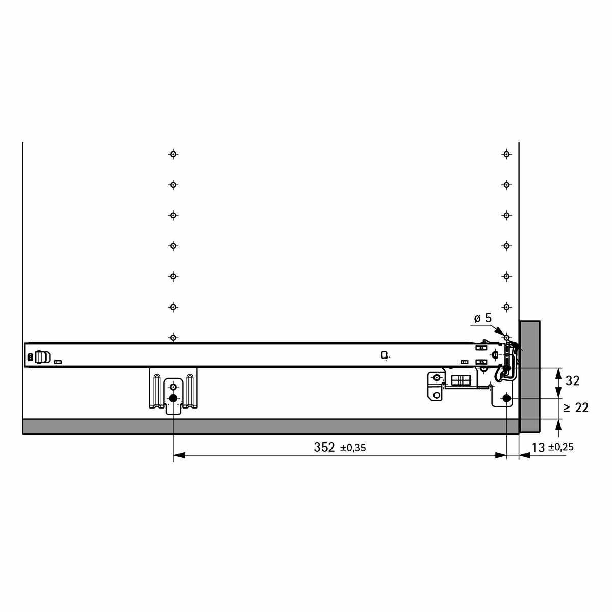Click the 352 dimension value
pyautogui.click(x=324, y=447)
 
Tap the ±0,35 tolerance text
pyautogui.click(x=353, y=448)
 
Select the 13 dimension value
pyautogui.click(x=539, y=448)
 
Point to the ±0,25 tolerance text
pyautogui.click(x=561, y=447)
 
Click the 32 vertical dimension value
pyautogui.click(x=572, y=380)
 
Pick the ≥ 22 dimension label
pyautogui.click(x=576, y=408)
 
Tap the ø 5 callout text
pyautogui.click(x=483, y=318)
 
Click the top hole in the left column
pyautogui.click(x=173, y=155)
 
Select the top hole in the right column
pyautogui.click(x=506, y=155)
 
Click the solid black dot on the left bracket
pyautogui.click(x=173, y=398)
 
